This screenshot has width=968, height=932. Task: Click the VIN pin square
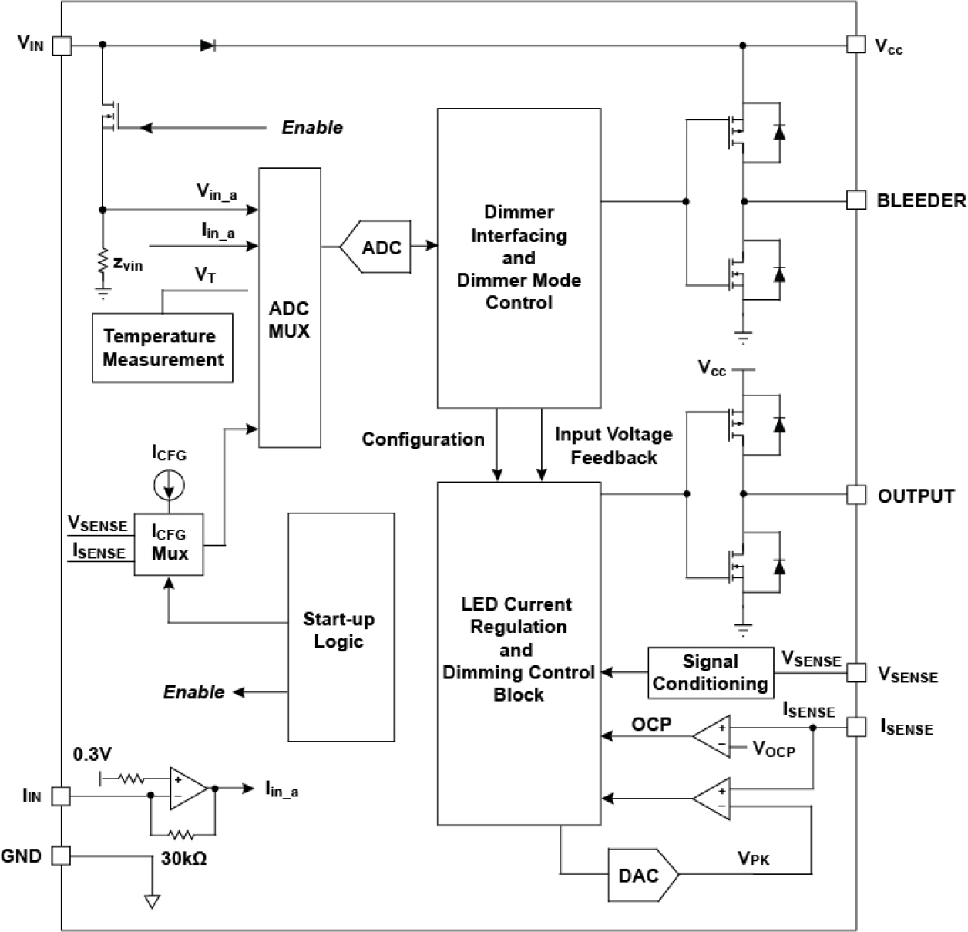pos(62,45)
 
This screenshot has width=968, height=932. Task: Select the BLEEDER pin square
pos(855,200)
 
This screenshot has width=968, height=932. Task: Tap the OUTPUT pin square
pos(855,494)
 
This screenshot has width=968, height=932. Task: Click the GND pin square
pos(62,856)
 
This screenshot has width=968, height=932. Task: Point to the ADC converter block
pos(378,247)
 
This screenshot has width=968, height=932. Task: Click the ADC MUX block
pos(289,308)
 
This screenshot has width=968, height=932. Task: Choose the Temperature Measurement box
pos(163,348)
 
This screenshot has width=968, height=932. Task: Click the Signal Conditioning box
pos(710,672)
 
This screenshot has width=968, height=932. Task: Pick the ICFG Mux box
pos(169,543)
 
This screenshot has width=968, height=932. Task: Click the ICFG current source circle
pos(169,486)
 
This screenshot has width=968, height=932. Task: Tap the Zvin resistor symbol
pos(102,263)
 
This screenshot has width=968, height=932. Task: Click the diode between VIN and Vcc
pos(207,45)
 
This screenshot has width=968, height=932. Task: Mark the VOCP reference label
pos(774,749)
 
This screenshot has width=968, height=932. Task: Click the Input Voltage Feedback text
pos(613,446)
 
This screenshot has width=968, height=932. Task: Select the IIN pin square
pos(62,796)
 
